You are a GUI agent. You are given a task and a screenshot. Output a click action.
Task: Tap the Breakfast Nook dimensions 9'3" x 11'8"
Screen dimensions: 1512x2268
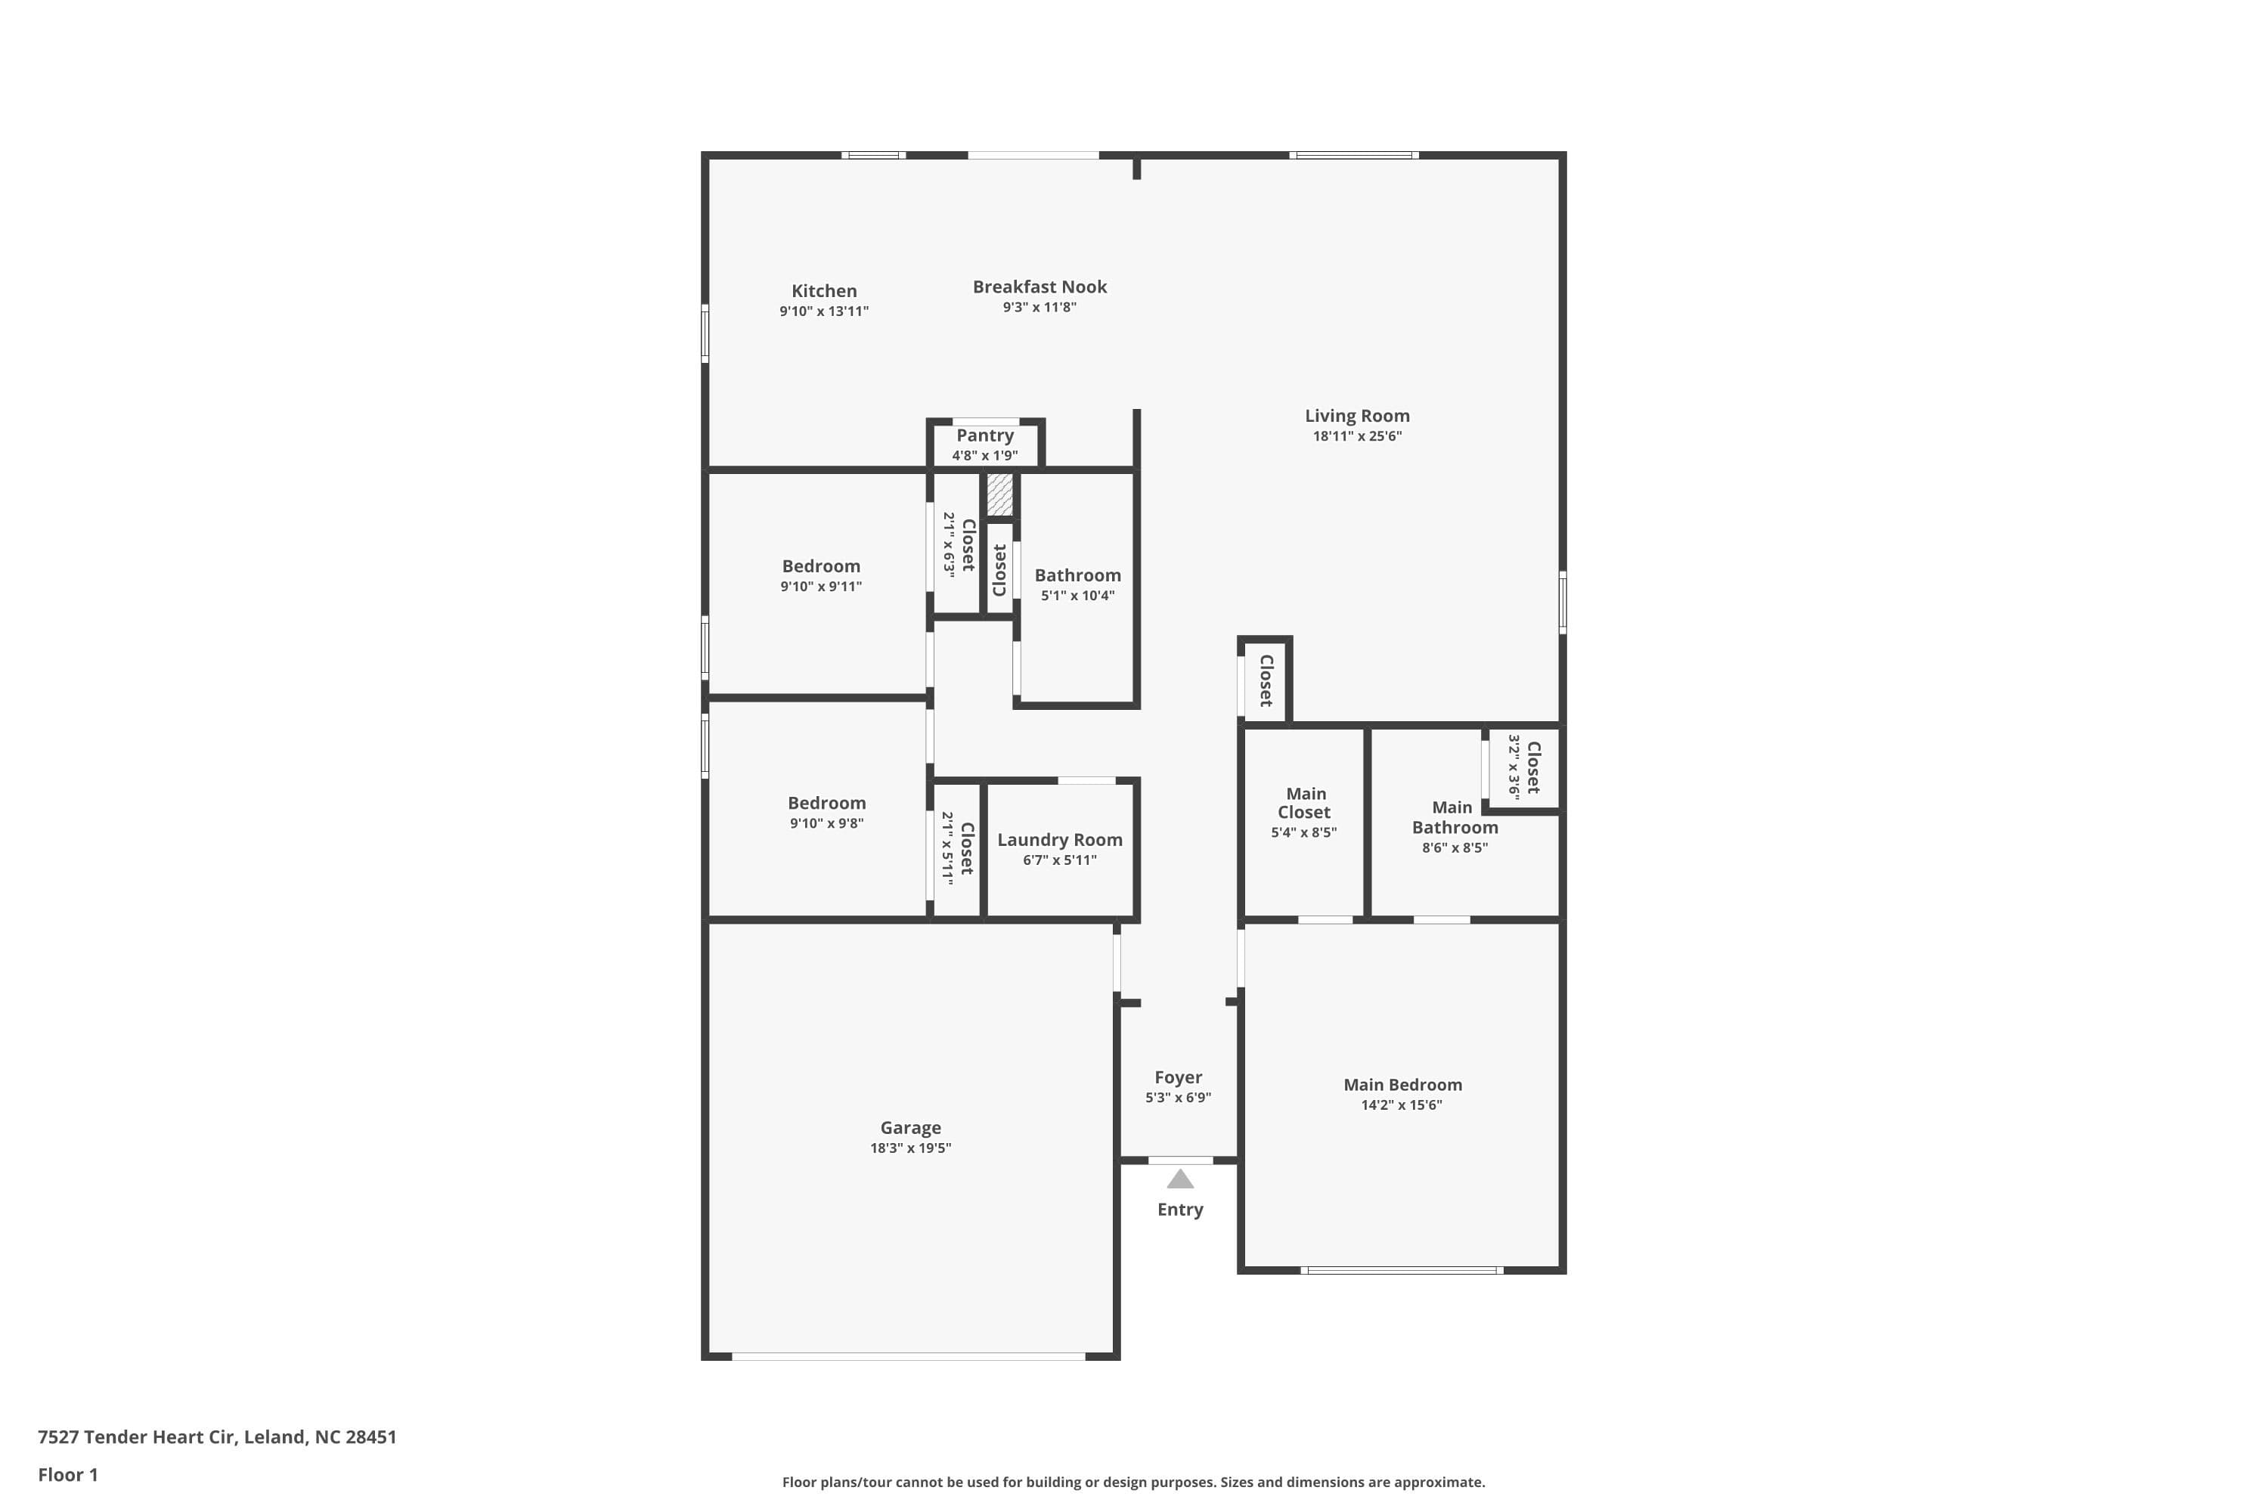coord(1039,308)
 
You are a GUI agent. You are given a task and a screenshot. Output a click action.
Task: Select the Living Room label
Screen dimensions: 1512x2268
coord(1357,416)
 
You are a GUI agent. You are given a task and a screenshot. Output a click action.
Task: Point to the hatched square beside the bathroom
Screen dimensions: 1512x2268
coord(1000,494)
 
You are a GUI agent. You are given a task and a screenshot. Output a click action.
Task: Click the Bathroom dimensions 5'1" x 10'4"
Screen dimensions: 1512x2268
coord(1077,596)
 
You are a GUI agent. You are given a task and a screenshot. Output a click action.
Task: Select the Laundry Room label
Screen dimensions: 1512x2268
coord(1059,840)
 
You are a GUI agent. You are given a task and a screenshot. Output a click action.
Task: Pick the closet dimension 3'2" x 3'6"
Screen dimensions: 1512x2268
coord(1514,767)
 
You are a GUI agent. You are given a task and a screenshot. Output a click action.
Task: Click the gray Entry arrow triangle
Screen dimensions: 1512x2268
coord(1180,1179)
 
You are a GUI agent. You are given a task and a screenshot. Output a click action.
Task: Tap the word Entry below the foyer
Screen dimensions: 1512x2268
coord(1179,1209)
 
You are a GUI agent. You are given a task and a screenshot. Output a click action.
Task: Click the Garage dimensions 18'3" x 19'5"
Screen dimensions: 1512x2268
coord(910,1148)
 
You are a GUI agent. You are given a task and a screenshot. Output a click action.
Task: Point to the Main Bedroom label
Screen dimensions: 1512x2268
coord(1402,1085)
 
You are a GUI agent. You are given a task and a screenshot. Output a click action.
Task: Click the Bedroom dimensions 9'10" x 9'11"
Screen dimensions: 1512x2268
coord(820,587)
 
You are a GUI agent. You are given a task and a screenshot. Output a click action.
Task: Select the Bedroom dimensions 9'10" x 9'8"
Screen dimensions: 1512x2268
coord(826,823)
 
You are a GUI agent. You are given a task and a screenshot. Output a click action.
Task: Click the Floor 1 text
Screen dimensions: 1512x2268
coord(67,1474)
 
